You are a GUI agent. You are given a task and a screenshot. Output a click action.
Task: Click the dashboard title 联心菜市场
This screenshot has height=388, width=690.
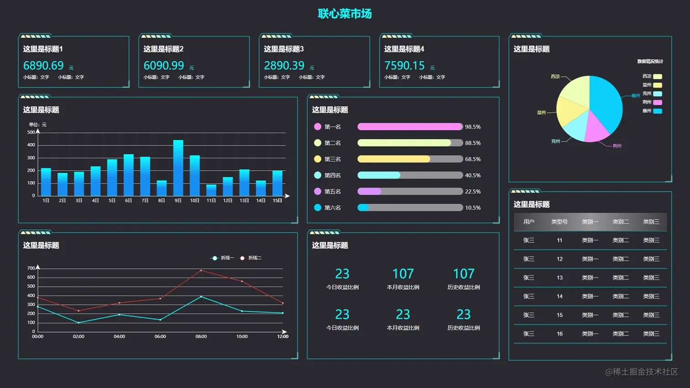[345, 14]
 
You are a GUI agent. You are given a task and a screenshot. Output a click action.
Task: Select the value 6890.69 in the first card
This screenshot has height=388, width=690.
[43, 66]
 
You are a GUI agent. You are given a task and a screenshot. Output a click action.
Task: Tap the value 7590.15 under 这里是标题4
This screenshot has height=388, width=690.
[404, 66]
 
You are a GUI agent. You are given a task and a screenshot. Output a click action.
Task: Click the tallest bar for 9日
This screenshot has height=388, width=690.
[178, 168]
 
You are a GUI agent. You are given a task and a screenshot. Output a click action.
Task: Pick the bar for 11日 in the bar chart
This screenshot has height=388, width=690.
[211, 190]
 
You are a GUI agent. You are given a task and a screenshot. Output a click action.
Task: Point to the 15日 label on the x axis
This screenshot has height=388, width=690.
[277, 201]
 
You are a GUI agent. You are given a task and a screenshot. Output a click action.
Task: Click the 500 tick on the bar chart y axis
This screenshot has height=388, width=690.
[31, 132]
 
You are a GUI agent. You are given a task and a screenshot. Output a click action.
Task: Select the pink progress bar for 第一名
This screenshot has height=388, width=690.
[410, 127]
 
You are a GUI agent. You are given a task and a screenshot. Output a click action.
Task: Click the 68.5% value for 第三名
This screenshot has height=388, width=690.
[473, 159]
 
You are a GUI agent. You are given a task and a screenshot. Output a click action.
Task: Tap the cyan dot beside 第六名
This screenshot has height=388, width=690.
[318, 208]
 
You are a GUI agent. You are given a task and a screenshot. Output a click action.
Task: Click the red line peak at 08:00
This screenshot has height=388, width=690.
[201, 271]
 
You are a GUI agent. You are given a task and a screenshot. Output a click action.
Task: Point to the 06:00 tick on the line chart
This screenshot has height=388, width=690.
[160, 336]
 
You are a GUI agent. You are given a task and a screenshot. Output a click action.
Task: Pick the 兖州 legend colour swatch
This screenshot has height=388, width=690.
[657, 94]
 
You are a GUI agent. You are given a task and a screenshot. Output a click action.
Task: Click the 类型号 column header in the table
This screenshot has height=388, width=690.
[559, 222]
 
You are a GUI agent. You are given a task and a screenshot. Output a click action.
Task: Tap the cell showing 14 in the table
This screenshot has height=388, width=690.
[559, 296]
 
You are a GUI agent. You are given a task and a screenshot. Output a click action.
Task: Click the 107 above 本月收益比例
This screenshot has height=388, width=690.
[403, 274]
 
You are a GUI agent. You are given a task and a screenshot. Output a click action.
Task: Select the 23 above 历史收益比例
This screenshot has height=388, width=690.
[464, 315]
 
